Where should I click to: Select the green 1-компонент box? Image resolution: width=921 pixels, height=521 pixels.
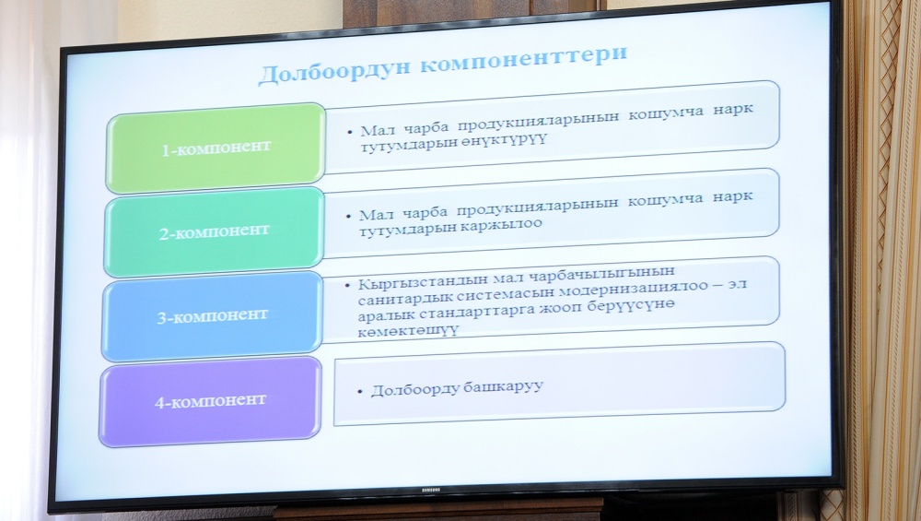click(216, 148)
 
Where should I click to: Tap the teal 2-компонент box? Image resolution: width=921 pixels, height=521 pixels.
click(214, 231)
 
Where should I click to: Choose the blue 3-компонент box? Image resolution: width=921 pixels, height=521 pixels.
click(212, 316)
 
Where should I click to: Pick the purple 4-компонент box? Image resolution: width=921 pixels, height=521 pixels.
click(210, 402)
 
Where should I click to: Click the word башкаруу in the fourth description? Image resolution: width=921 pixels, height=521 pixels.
click(504, 387)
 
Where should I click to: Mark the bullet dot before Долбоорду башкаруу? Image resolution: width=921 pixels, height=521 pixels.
click(360, 392)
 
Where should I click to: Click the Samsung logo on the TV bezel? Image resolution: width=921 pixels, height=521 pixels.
click(432, 490)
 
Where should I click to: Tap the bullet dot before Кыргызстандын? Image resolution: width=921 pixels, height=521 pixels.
click(349, 285)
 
